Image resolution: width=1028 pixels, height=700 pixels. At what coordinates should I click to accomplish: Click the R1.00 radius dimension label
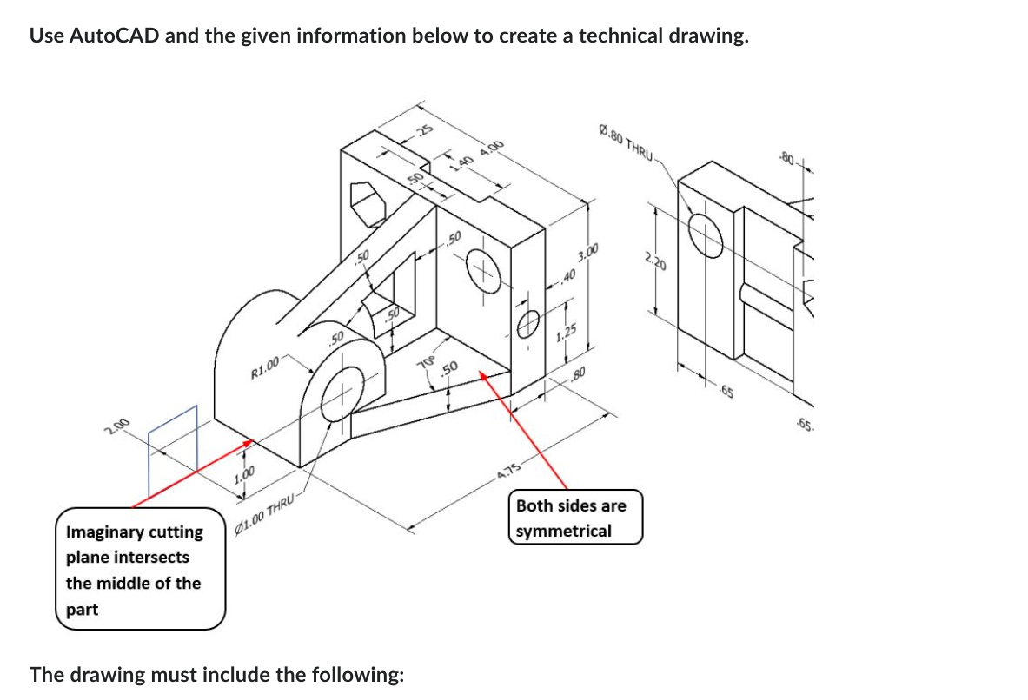pos(265,367)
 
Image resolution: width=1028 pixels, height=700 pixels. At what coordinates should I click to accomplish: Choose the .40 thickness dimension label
pos(568,277)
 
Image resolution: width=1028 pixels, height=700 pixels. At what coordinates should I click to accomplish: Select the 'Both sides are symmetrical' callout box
pos(575,518)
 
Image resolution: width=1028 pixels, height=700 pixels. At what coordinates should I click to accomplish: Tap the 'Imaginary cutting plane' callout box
pos(140,569)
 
